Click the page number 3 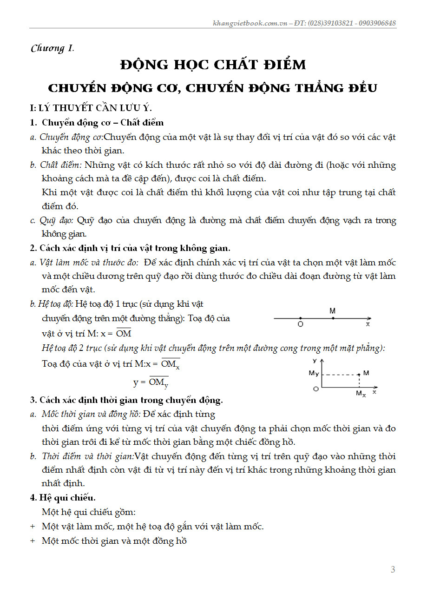pos(393,569)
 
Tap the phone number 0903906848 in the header pos(376,23)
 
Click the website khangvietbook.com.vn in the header pos(250,23)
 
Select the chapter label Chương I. pos(52,48)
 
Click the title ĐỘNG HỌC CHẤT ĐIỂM pos(213,65)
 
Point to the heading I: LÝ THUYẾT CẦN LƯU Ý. pos(91,108)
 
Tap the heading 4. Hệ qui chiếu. pos(63,498)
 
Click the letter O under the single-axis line pos(300,324)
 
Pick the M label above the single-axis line pos(332,311)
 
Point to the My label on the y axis pos(314,373)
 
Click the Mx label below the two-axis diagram pos(361,394)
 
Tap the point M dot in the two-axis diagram pos(359,374)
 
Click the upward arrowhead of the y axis pos(322,361)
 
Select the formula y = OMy pos(151,383)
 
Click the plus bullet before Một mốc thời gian pos(33,541)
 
